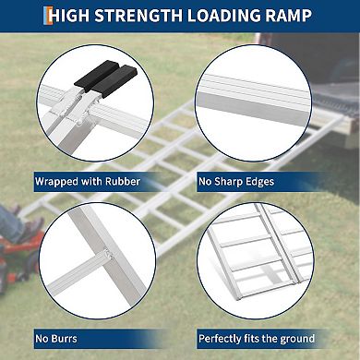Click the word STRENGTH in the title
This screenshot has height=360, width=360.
click(x=150, y=15)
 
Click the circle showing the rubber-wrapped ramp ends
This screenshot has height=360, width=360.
click(x=98, y=102)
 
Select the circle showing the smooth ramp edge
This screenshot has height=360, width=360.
click(x=262, y=102)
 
